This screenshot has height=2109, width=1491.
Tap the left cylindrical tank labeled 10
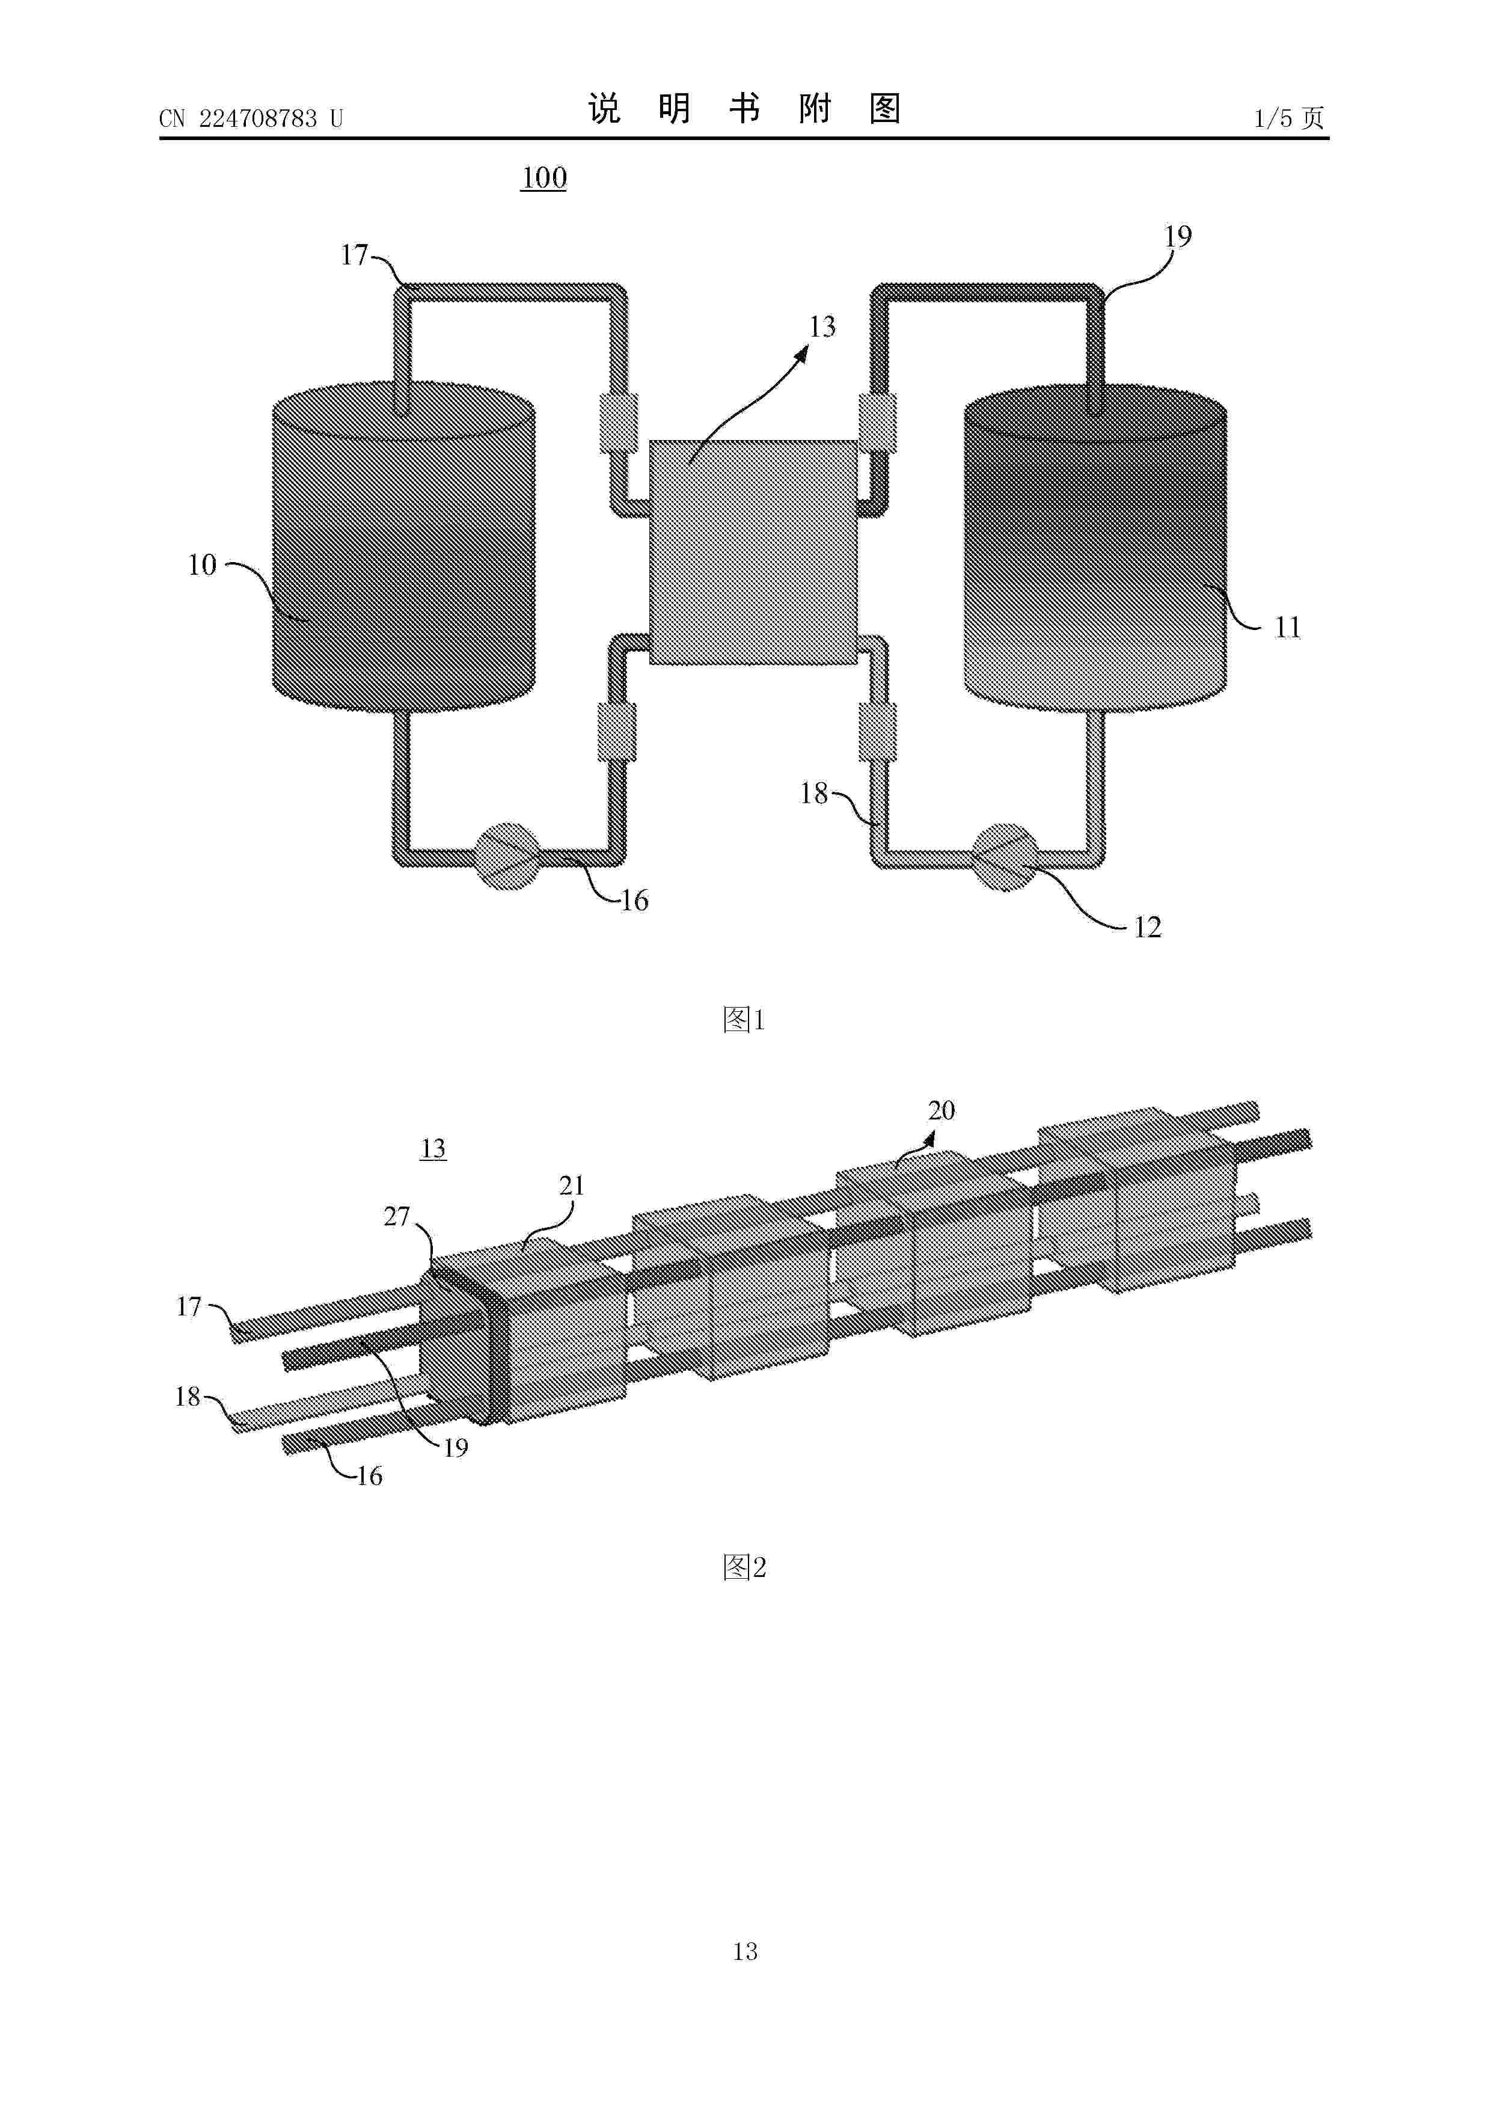pyautogui.click(x=404, y=546)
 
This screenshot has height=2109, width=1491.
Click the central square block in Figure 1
pyautogui.click(x=753, y=551)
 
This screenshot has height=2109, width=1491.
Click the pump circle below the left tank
pyautogui.click(x=506, y=857)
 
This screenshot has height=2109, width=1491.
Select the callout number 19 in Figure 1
pyautogui.click(x=1178, y=237)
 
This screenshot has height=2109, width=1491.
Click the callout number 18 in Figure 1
pyautogui.click(x=814, y=793)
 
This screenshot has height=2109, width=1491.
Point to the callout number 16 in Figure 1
pyautogui.click(x=634, y=900)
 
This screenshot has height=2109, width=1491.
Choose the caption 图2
pyautogui.click(x=744, y=1567)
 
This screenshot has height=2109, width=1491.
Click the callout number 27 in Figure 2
pyautogui.click(x=396, y=1216)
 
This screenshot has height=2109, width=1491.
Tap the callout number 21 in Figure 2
pyautogui.click(x=571, y=1186)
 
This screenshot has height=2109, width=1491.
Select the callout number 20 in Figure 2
pyautogui.click(x=941, y=1110)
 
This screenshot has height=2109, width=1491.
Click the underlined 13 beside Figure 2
pyautogui.click(x=433, y=1148)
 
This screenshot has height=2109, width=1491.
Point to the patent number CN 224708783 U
pyautogui.click(x=251, y=118)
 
